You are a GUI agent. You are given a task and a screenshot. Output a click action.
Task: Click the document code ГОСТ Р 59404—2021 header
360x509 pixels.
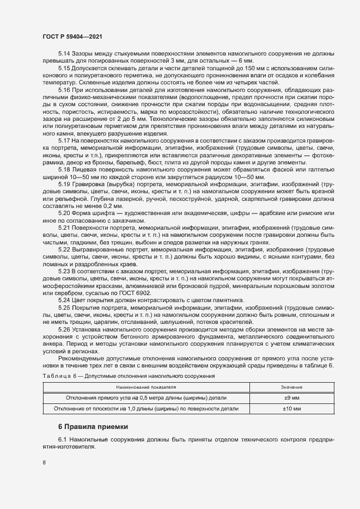pos(71,36)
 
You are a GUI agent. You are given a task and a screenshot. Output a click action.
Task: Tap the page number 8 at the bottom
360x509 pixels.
pos(44,463)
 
